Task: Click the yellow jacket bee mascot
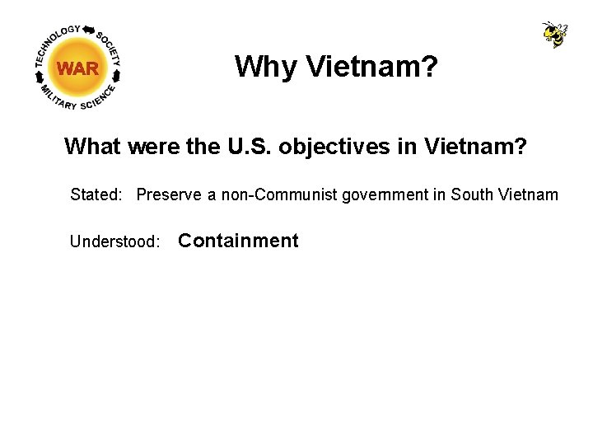[x=555, y=35]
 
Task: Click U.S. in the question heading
[x=246, y=147]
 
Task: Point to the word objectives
[x=324, y=147]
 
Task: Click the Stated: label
[x=97, y=195]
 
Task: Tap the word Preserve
[x=170, y=195]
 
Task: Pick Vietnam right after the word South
[x=529, y=195]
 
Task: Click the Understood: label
[x=115, y=241]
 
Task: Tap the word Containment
[x=238, y=241]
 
